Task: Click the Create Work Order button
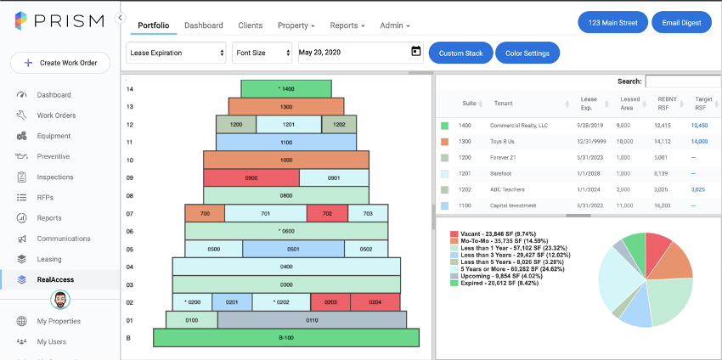click(x=60, y=63)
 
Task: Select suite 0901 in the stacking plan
click(x=334, y=177)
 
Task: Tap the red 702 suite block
click(x=327, y=213)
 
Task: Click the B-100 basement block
click(x=286, y=337)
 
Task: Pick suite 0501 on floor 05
click(x=293, y=249)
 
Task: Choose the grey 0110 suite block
click(x=312, y=320)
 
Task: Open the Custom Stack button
click(x=461, y=53)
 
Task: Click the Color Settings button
click(x=527, y=53)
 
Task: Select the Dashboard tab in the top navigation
click(x=204, y=25)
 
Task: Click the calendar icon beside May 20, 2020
click(x=416, y=51)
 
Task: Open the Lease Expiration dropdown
click(x=176, y=53)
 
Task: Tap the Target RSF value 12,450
click(x=699, y=125)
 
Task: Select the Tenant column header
click(x=504, y=103)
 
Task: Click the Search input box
click(x=683, y=81)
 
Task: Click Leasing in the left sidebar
click(x=49, y=259)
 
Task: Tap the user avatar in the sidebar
click(x=60, y=301)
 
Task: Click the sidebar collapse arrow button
click(x=120, y=18)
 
